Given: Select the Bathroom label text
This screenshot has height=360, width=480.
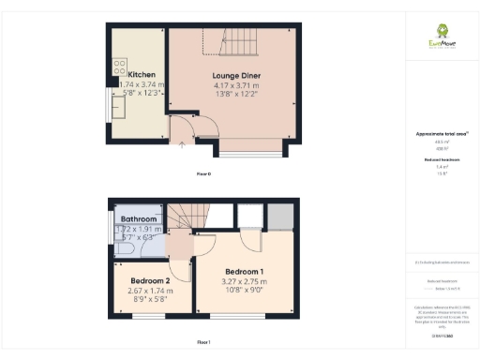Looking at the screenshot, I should [x=139, y=219].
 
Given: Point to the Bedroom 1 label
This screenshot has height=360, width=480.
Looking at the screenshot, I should [x=244, y=272].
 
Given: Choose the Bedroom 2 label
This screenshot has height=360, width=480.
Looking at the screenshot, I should [x=150, y=281].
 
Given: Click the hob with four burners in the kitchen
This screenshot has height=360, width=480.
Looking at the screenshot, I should [x=120, y=67].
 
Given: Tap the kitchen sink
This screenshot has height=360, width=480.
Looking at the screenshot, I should [x=119, y=110].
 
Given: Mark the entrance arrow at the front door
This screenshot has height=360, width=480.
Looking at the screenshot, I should [x=181, y=144].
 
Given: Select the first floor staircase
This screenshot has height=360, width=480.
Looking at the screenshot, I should [x=186, y=218].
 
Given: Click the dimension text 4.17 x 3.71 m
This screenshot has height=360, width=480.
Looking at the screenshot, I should [x=234, y=85].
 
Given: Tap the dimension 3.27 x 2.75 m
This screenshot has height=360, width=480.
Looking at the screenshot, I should [x=244, y=282].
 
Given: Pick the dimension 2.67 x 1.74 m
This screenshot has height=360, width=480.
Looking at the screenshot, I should [x=150, y=291].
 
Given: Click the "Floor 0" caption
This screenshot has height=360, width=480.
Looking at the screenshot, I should [x=203, y=174].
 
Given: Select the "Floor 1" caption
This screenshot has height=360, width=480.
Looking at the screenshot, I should [x=203, y=341].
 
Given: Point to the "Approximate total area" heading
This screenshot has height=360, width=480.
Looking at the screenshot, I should [x=441, y=134].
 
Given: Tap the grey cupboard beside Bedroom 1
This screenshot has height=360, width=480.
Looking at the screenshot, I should [x=280, y=216].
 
